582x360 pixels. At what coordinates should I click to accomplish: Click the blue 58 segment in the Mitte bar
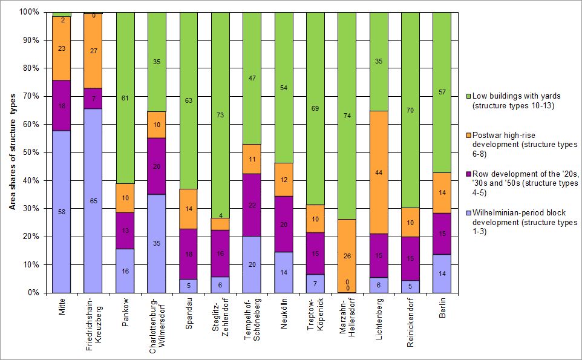pyautogui.click(x=61, y=211)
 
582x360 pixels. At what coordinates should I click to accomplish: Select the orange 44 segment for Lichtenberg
pyautogui.click(x=379, y=172)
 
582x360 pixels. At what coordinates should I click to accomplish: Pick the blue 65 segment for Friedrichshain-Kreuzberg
pyautogui.click(x=93, y=201)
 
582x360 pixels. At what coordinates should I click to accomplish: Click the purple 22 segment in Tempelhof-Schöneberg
pyautogui.click(x=252, y=205)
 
